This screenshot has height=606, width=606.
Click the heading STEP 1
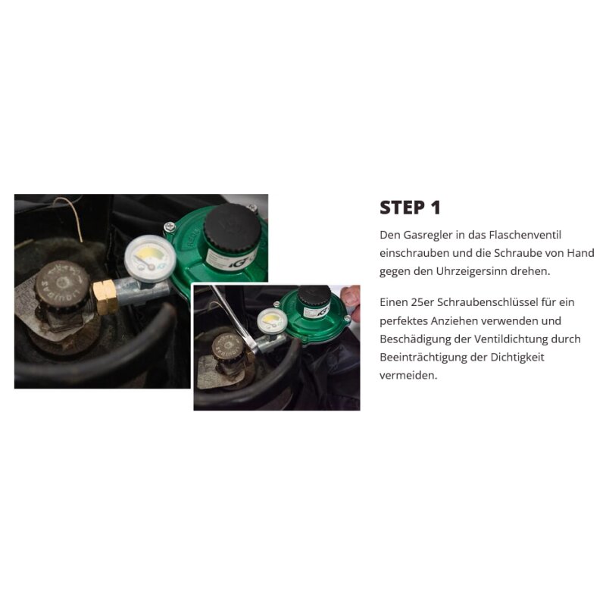coord(410,208)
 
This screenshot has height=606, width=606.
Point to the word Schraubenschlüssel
coord(487,302)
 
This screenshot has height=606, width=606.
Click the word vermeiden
coord(408,375)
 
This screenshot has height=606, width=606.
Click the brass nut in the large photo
coord(105,297)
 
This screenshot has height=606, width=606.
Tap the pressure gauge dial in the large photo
coord(149,258)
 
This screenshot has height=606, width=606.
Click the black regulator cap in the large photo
coord(228,225)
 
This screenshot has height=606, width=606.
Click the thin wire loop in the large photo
coord(72,217)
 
